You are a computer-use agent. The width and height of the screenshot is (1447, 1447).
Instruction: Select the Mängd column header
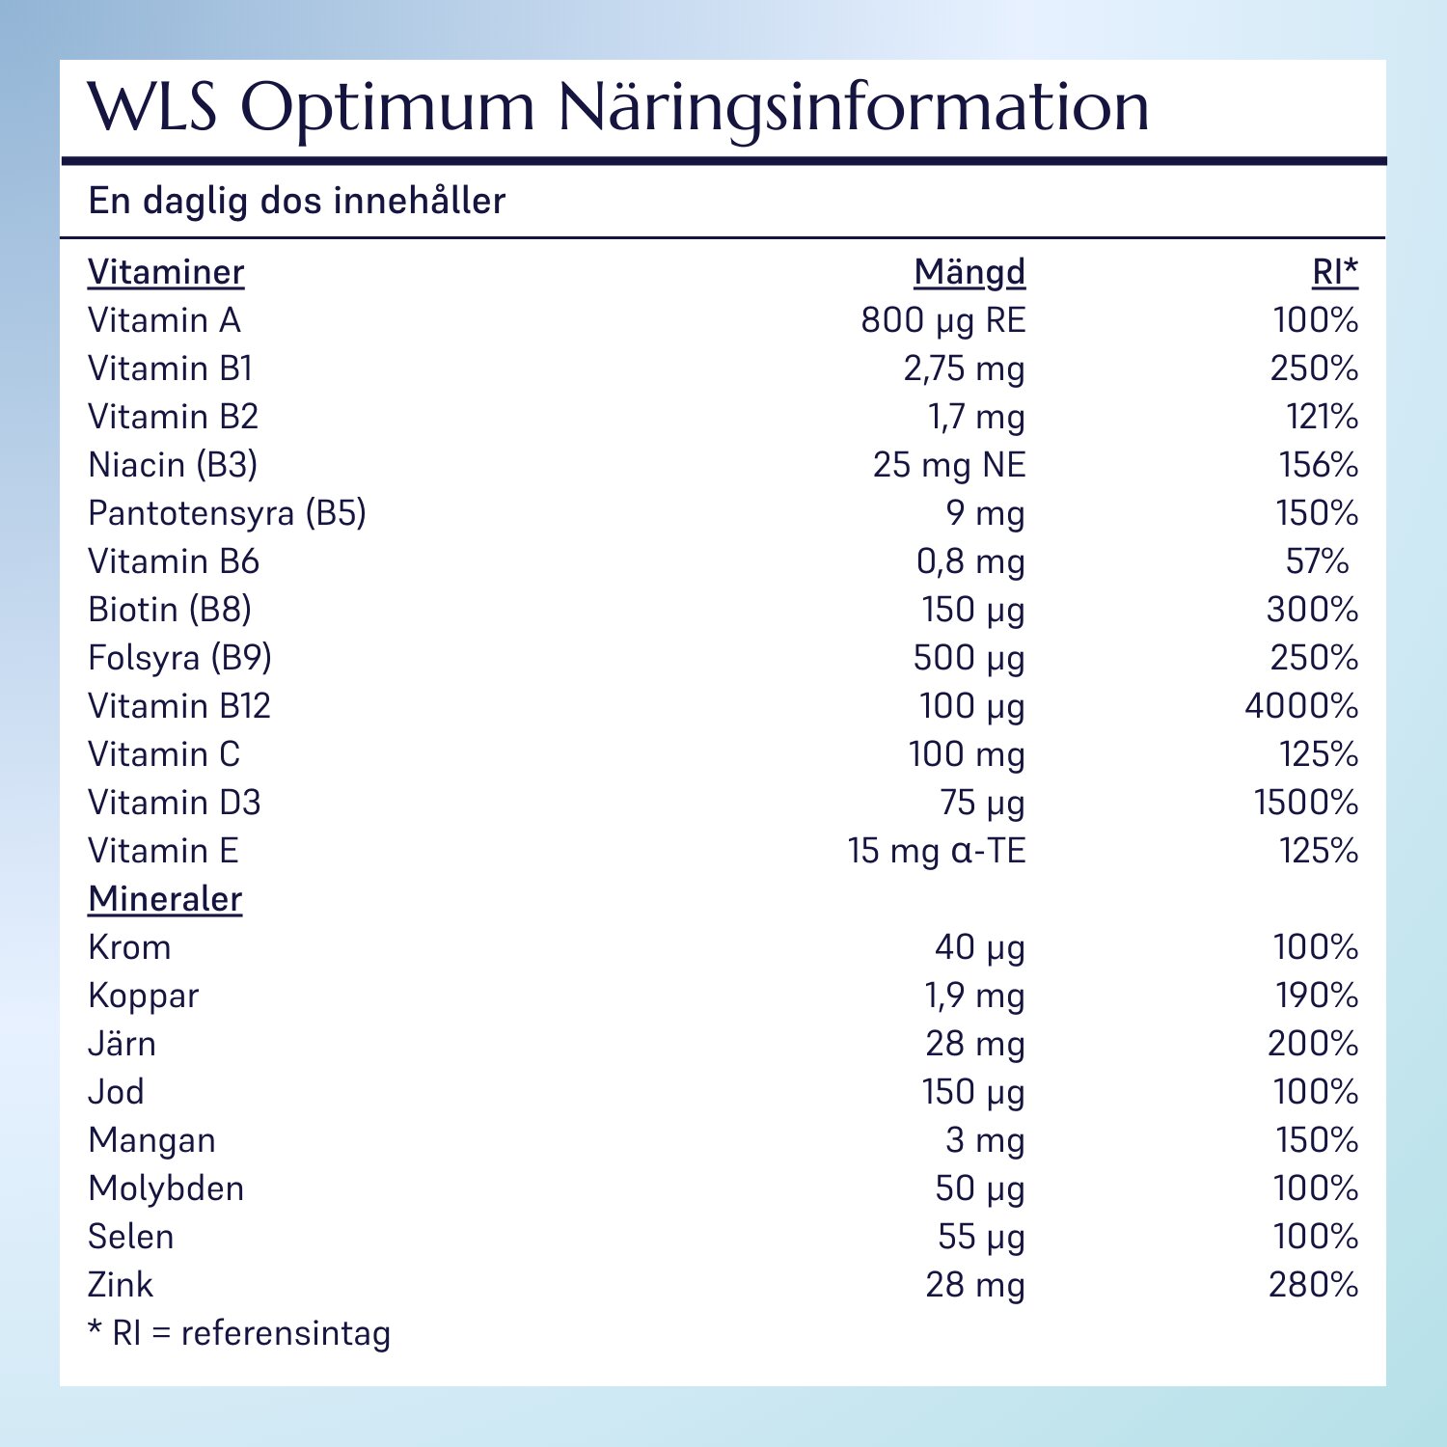969,273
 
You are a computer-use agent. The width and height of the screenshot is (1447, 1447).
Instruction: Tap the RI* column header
1334,273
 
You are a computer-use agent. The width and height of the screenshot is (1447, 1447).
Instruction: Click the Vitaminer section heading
166,273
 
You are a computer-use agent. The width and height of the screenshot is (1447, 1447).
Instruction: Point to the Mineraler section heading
165,899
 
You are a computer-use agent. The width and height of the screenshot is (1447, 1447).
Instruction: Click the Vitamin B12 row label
179,706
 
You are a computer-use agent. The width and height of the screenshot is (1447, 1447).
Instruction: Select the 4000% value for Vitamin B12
1300,706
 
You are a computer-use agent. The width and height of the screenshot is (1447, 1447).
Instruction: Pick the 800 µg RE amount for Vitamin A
942,320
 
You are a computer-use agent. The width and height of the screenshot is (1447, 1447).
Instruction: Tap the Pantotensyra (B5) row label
227,513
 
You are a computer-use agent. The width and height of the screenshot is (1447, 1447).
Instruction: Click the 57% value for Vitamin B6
1317,561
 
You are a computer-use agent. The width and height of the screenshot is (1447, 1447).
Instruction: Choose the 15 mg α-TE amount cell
936,851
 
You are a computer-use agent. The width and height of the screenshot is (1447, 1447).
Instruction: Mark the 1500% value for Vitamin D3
1305,803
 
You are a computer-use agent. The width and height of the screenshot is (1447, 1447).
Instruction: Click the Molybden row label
166,1188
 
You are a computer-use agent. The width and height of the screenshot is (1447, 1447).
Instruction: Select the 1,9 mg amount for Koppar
974,996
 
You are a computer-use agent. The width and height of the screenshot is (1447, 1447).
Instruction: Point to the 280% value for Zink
1313,1285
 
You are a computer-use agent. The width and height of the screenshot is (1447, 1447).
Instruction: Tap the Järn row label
122,1044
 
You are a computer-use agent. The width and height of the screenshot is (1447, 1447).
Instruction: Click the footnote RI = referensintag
239,1333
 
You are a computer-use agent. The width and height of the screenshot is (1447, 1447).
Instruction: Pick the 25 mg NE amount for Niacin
948,465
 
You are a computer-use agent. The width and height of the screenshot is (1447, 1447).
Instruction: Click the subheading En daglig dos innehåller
297,201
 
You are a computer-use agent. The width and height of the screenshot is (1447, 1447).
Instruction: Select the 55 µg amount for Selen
980,1237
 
